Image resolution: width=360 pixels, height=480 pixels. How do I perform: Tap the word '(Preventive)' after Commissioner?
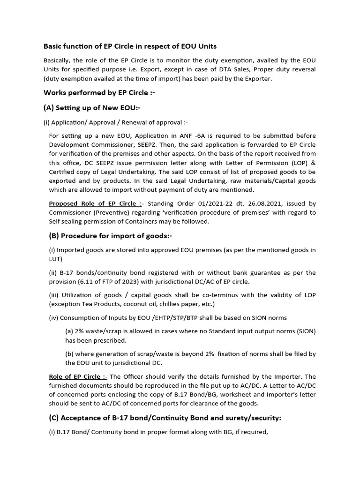(107, 212)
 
